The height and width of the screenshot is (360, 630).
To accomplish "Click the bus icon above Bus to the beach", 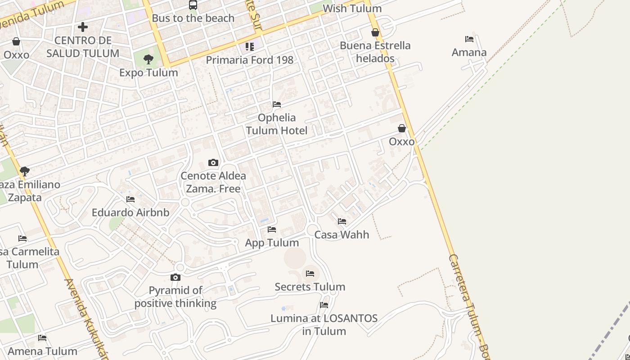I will [193, 5].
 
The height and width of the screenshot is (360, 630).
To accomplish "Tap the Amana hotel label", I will [469, 52].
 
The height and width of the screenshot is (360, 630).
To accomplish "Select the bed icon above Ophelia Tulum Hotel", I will [277, 104].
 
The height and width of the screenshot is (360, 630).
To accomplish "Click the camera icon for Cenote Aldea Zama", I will [213, 162].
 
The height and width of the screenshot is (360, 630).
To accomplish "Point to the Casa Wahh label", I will [342, 234].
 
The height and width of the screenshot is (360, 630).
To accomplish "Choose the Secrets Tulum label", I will [310, 287].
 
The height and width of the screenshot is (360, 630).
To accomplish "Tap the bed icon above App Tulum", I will [272, 229].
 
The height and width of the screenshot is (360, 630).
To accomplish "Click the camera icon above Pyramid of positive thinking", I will [175, 277].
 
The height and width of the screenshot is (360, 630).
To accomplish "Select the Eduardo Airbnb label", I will [130, 212].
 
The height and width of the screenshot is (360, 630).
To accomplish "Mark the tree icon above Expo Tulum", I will [148, 59].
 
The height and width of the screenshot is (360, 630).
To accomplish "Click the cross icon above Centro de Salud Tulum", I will [83, 27].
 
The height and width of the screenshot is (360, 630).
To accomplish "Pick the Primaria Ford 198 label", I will [249, 60].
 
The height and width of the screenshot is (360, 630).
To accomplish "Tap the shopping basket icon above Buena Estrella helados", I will [375, 32].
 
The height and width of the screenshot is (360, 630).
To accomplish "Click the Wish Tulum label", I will [352, 9].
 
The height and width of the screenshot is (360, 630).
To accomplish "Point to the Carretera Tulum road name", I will [468, 306].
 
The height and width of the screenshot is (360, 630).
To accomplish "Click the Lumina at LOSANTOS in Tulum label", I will [324, 324].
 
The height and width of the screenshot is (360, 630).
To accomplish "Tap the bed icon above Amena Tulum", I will [42, 337].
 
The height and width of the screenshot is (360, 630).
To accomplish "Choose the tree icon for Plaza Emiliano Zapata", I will [25, 171].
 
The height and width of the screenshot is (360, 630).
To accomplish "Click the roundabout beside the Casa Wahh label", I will [312, 230].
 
